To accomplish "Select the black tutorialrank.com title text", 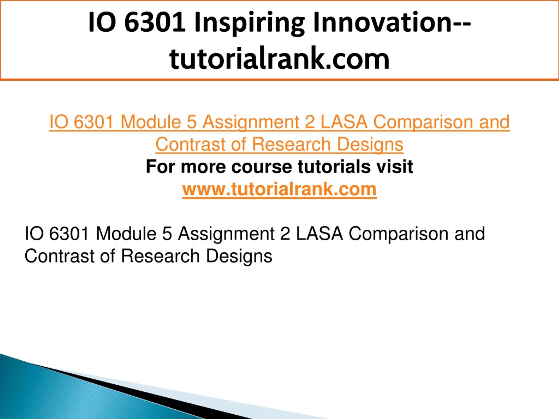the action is tap(279, 59).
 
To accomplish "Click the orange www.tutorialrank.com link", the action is tap(279, 189).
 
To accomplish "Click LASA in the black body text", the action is tap(319, 234).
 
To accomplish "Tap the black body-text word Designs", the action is tap(239, 256).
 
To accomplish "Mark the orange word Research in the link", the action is tap(291, 144).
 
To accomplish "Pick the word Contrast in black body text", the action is tap(59, 256).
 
